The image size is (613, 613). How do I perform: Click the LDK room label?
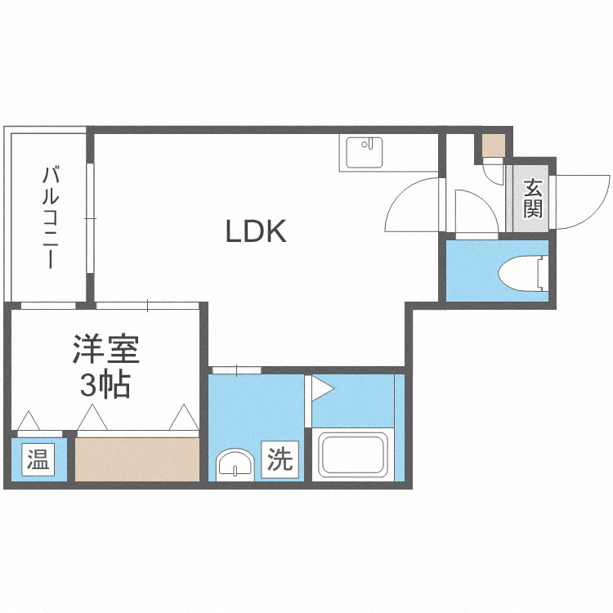[256, 232]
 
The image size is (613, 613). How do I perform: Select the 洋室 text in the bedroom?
[105, 351]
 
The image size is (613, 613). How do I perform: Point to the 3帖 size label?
[105, 385]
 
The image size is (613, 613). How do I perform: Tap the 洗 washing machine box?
[280, 461]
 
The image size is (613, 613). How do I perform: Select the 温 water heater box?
[36, 460]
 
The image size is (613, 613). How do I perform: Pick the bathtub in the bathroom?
[353, 455]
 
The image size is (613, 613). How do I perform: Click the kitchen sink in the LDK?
[364, 152]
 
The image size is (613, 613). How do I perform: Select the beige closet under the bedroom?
[137, 459]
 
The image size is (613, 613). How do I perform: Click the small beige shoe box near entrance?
[493, 145]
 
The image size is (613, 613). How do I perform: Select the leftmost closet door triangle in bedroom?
[29, 420]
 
